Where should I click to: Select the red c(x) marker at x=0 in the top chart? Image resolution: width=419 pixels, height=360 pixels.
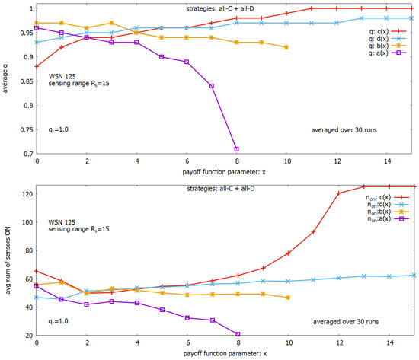[36, 66]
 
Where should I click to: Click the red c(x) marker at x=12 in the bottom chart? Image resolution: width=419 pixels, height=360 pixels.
[337, 193]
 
